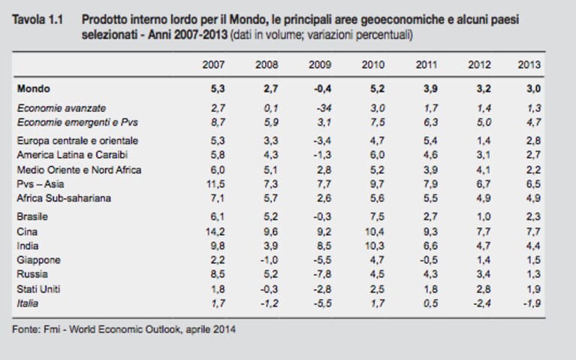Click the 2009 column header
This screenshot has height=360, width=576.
point(320,65)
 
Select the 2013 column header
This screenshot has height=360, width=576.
point(529,65)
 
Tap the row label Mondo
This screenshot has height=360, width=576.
point(34,89)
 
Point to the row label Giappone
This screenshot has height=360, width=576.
point(38,260)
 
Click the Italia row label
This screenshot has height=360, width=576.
point(28,304)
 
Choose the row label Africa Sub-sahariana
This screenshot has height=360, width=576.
point(64,198)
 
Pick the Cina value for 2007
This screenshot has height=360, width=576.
point(215,231)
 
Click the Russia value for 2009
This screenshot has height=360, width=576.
point(322,274)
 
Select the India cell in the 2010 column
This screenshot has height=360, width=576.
point(375,246)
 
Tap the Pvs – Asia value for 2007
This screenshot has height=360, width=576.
point(216,184)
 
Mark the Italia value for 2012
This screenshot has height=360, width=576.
point(481,304)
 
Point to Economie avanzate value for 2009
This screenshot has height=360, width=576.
point(324,108)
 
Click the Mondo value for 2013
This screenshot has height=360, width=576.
point(533,89)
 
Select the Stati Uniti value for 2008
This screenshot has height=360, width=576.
point(269,289)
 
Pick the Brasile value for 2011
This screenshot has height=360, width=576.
point(430,216)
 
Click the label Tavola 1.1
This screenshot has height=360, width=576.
point(38,20)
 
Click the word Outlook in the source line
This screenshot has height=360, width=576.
point(163,328)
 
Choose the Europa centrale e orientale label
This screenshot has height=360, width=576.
point(77,141)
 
